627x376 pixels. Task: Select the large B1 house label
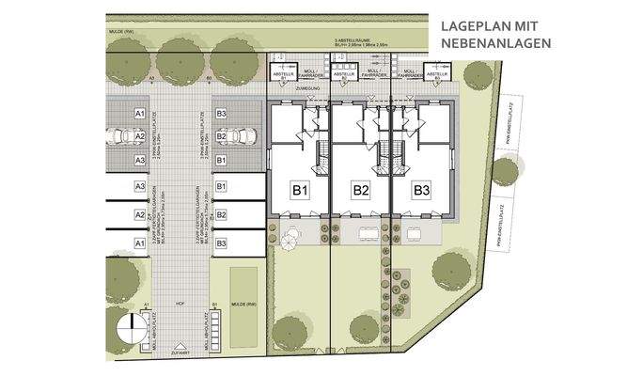300,191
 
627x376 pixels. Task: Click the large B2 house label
361,191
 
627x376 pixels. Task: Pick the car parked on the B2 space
241,137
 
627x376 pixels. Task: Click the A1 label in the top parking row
139,113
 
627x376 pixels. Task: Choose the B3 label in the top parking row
221,113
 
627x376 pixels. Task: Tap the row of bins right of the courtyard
217,328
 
